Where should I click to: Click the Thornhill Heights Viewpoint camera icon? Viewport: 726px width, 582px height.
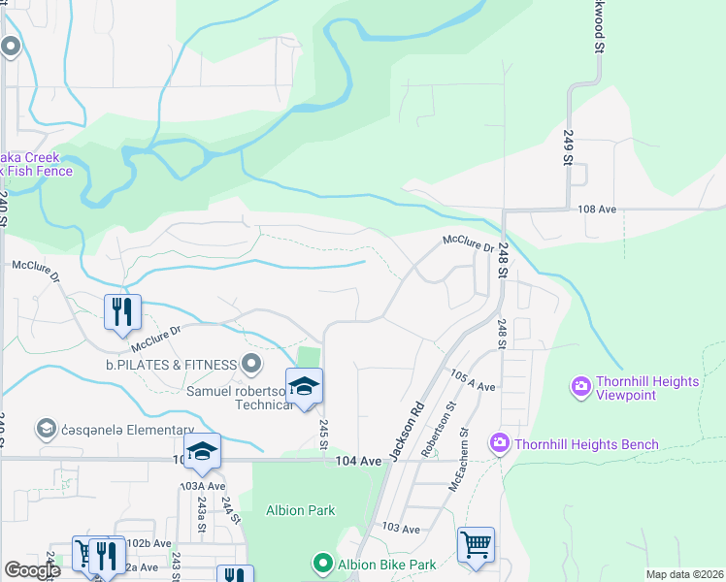click(x=581, y=387)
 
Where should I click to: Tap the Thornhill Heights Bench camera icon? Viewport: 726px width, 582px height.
click(x=500, y=443)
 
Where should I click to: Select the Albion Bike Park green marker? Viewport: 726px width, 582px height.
click(x=322, y=563)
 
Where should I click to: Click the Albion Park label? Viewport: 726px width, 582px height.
click(x=300, y=510)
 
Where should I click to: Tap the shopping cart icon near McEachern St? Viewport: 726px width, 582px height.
click(x=476, y=544)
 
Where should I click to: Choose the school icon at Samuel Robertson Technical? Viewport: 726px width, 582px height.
click(x=304, y=388)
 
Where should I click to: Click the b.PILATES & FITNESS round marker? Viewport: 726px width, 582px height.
click(x=251, y=365)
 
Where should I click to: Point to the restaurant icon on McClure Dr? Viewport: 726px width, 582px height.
click(x=123, y=311)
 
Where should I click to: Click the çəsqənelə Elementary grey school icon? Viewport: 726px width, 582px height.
click(x=46, y=429)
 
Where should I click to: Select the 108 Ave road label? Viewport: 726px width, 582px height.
click(x=597, y=209)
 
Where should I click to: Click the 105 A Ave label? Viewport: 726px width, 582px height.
click(x=473, y=380)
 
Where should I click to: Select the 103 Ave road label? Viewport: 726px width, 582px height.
click(x=400, y=529)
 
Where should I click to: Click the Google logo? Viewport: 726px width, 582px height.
click(x=32, y=570)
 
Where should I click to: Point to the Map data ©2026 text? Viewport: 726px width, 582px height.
click(x=683, y=574)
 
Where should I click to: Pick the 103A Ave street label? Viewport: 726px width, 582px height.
click(x=202, y=486)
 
